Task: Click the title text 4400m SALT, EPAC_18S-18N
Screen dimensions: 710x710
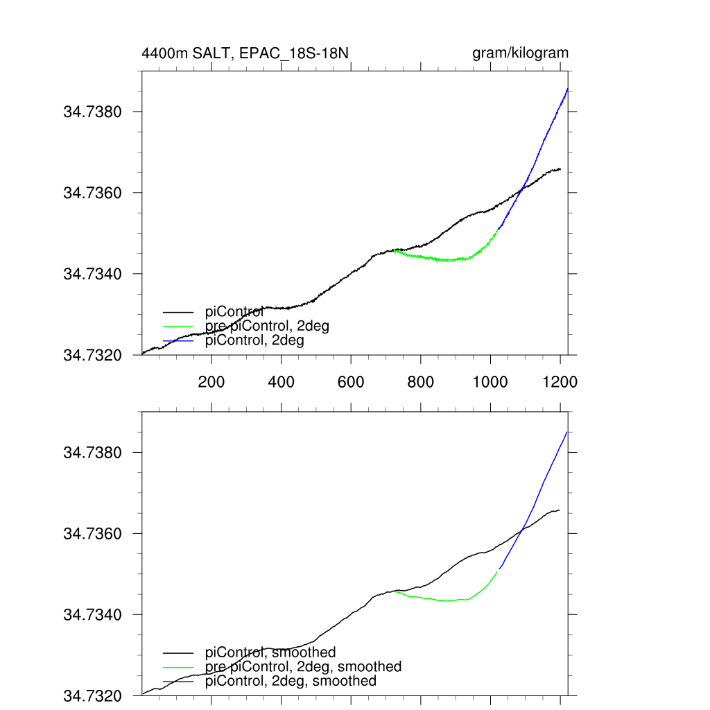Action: point(250,53)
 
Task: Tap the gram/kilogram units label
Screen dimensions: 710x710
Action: point(520,53)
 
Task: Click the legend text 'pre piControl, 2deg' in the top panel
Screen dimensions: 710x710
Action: point(267,326)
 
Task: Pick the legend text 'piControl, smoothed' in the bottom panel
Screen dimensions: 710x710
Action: point(270,652)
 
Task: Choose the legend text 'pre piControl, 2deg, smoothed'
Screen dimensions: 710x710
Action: point(303,666)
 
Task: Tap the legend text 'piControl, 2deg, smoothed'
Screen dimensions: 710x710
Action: point(291,681)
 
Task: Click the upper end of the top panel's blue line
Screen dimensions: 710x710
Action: point(567,89)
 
